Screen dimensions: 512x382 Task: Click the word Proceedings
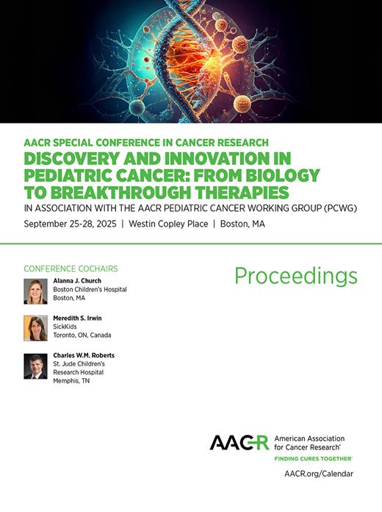[296, 276]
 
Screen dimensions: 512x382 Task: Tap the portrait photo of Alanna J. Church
[35, 291]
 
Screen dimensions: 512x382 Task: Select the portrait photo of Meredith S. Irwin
[35, 328]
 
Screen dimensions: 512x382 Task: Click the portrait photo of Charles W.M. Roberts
[35, 366]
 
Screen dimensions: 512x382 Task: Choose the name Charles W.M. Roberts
[83, 355]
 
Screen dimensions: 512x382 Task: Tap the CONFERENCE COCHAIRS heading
[71, 268]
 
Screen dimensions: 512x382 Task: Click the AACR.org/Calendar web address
[318, 474]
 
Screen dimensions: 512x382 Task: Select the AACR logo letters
[239, 442]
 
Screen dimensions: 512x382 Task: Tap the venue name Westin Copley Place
[166, 225]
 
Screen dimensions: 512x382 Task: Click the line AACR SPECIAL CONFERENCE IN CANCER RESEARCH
[145, 142]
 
